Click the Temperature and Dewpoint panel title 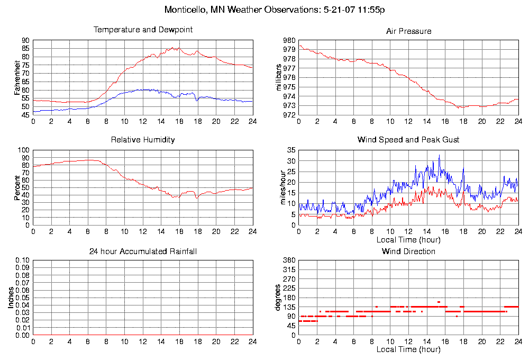click(x=143, y=30)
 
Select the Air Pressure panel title click(x=408, y=31)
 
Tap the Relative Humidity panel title click(x=143, y=140)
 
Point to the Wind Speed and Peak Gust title click(x=408, y=140)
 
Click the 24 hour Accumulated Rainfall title click(x=143, y=251)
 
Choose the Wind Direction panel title click(x=408, y=251)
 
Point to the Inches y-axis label click(x=11, y=298)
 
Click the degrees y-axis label click(x=278, y=298)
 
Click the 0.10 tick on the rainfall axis click(x=23, y=261)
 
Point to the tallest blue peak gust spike click(x=439, y=155)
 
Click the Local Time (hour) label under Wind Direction click(x=408, y=349)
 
